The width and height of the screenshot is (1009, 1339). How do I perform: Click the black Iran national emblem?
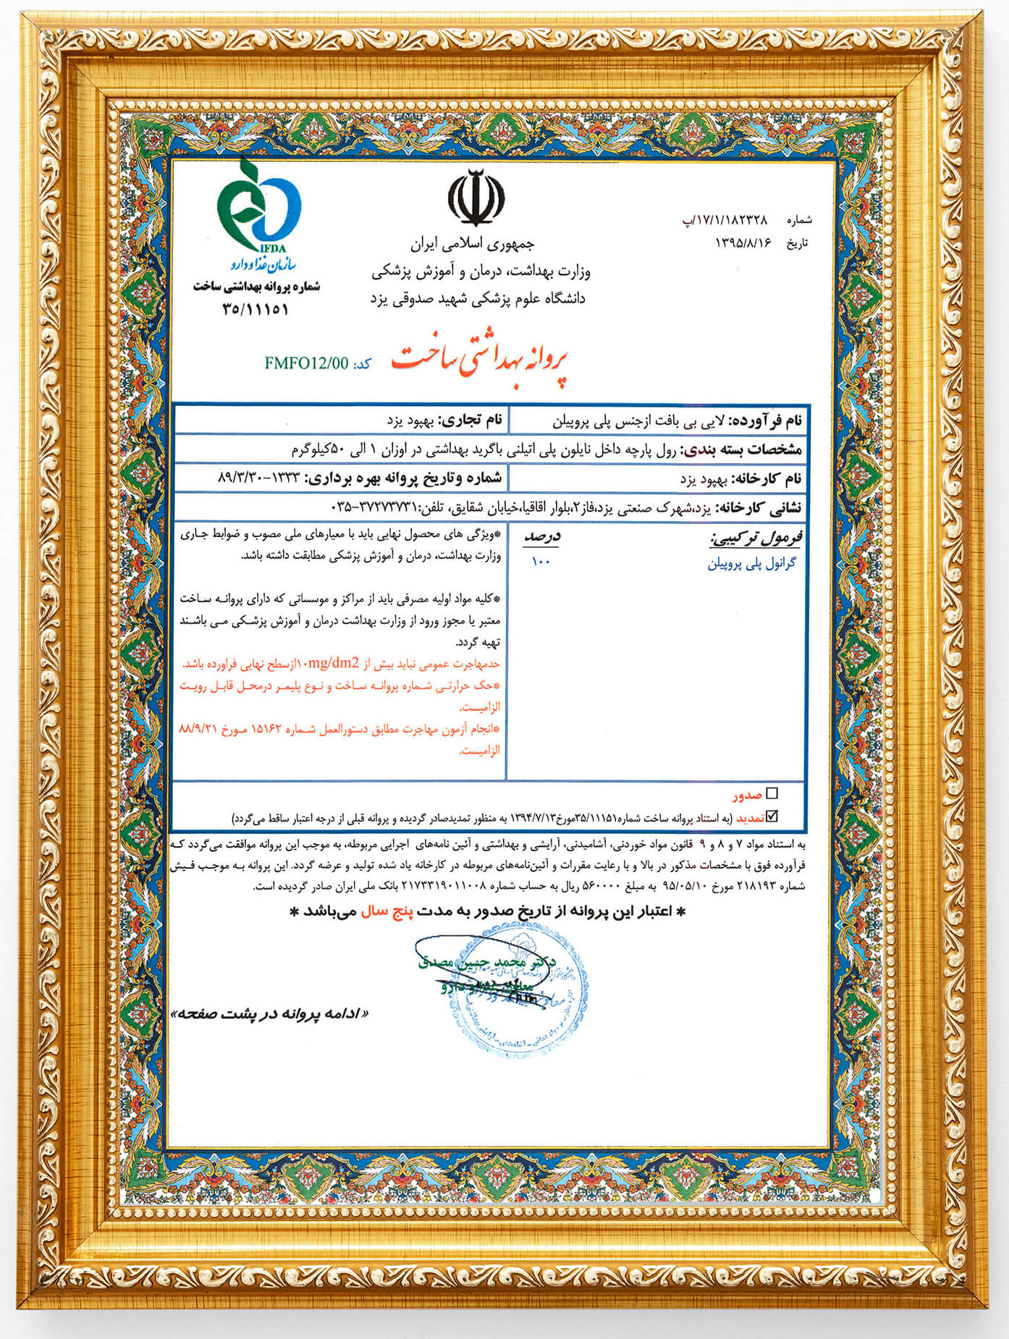coord(476,198)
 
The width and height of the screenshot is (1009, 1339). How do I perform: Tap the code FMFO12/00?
coord(306,363)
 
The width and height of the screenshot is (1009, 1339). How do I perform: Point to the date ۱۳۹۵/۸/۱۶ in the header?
coord(744,243)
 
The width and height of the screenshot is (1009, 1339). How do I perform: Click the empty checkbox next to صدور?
coord(772,794)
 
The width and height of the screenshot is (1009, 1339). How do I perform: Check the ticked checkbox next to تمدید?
coord(772,816)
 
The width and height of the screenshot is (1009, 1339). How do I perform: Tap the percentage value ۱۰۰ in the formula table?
coord(541,561)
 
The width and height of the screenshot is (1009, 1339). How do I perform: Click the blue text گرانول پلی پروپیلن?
coord(751,564)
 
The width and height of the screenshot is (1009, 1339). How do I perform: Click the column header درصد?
coord(541,538)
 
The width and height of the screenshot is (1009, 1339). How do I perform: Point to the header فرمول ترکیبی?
coord(756,538)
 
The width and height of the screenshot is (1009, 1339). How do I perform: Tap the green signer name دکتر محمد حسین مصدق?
coord(486,963)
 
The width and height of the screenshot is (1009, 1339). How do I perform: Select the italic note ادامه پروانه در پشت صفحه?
coord(269,1014)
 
